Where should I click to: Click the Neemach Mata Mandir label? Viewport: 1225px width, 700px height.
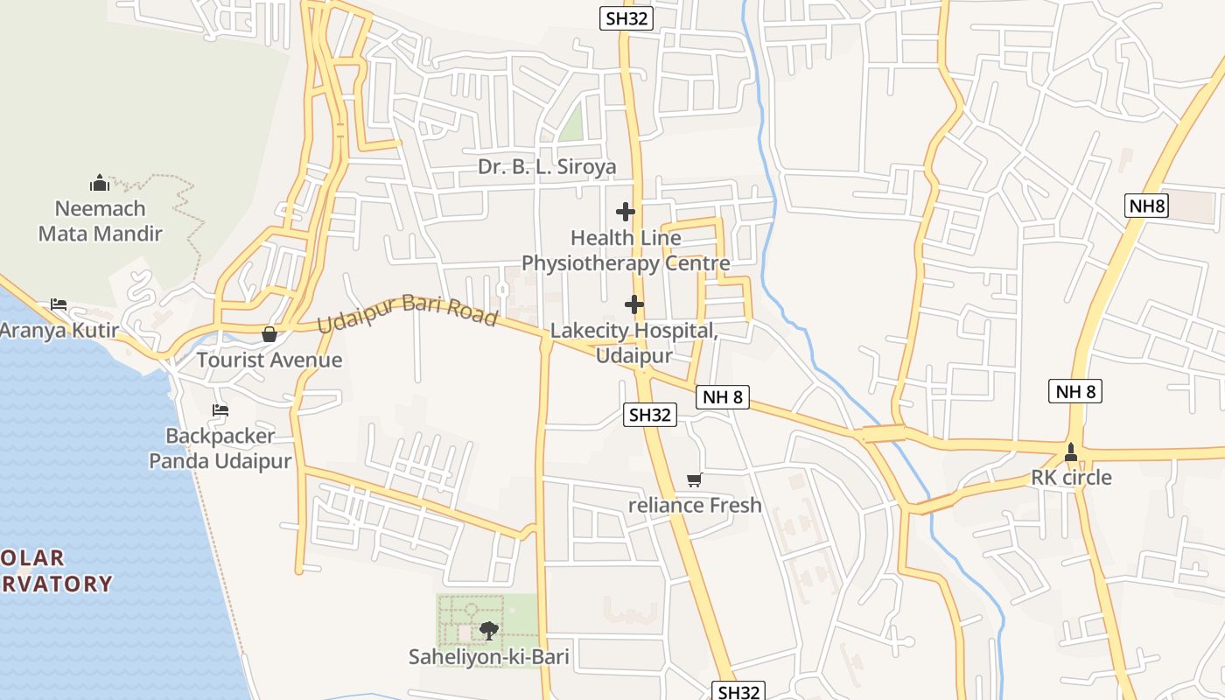pyautogui.click(x=100, y=221)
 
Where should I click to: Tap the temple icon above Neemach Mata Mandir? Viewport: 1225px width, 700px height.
pyautogui.click(x=100, y=183)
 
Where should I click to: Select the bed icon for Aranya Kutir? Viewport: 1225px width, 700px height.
pyautogui.click(x=59, y=304)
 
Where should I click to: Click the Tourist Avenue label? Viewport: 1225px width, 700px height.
pyautogui.click(x=269, y=360)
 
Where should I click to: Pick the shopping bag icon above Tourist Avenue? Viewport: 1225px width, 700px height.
pyautogui.click(x=269, y=334)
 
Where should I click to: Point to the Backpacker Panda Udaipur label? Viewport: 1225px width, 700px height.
pyautogui.click(x=220, y=448)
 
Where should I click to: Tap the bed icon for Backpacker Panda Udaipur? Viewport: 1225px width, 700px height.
pyautogui.click(x=220, y=409)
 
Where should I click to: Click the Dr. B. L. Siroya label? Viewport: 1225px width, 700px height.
pyautogui.click(x=547, y=166)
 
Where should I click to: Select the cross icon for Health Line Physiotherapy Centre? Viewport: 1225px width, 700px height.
pyautogui.click(x=626, y=211)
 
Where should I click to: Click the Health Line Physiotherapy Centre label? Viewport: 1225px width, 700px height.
pyautogui.click(x=626, y=250)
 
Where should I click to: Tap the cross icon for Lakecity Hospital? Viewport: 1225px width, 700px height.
pyautogui.click(x=634, y=304)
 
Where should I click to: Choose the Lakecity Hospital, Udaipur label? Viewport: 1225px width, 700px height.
pyautogui.click(x=634, y=343)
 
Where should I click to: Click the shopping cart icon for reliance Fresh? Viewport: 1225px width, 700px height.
pyautogui.click(x=695, y=479)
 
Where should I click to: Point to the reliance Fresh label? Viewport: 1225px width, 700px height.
pyautogui.click(x=695, y=505)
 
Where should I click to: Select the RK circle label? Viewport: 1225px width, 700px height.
pyautogui.click(x=1071, y=478)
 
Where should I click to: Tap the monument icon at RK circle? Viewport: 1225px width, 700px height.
pyautogui.click(x=1071, y=451)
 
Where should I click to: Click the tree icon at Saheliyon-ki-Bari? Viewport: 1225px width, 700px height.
pyautogui.click(x=489, y=630)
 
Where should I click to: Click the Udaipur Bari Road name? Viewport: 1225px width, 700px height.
pyautogui.click(x=407, y=311)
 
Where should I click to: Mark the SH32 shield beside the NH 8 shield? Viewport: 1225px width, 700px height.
pyautogui.click(x=650, y=415)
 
